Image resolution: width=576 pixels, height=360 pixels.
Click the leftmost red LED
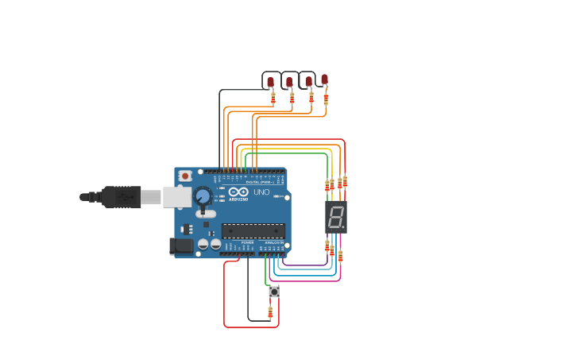[x=270, y=82]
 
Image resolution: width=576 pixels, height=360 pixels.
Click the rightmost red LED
[x=324, y=79]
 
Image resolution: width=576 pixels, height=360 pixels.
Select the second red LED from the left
[x=289, y=82]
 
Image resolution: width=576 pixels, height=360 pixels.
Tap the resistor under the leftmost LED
[x=273, y=99]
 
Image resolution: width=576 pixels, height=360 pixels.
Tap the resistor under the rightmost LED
[x=326, y=98]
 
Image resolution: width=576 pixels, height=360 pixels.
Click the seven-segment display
[x=336, y=216]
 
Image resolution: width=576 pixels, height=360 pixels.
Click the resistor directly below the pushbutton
[x=270, y=312]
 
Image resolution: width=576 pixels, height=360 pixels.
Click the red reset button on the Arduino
[x=185, y=176]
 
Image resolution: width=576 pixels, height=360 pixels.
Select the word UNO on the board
[x=261, y=192]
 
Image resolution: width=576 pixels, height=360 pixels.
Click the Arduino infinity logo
[x=238, y=192]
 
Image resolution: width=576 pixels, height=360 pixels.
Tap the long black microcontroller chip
[x=253, y=231]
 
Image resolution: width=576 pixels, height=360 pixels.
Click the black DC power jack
[x=182, y=246]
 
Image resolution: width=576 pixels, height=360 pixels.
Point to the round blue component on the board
[x=203, y=195]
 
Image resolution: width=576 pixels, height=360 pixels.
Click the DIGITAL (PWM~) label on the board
[x=258, y=182]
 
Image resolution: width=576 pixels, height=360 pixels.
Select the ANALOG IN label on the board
[x=273, y=242]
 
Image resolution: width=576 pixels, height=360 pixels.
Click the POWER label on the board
[x=247, y=242]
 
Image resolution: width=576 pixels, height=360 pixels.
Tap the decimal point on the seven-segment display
[x=344, y=227]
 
